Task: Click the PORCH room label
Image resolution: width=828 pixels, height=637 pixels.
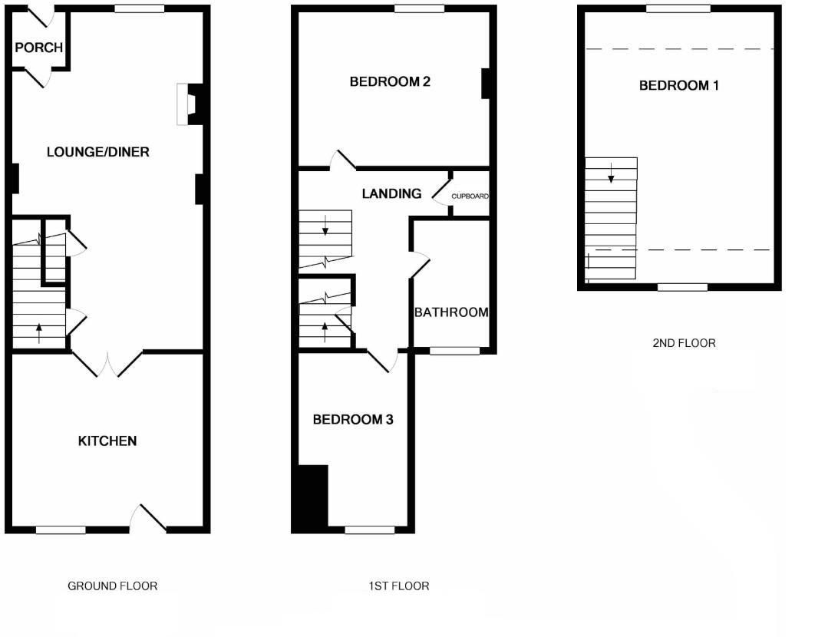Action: (x=38, y=48)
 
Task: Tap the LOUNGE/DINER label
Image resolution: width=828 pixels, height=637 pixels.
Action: (x=97, y=152)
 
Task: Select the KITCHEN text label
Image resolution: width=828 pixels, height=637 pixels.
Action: (x=107, y=441)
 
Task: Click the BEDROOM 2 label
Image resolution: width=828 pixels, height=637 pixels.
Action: (x=389, y=81)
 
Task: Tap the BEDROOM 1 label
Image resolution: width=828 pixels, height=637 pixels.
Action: (x=678, y=85)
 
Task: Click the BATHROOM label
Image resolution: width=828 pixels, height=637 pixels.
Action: (x=451, y=312)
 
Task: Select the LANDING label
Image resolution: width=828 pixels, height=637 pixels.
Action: (x=391, y=194)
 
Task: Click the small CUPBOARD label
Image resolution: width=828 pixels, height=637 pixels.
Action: (x=470, y=196)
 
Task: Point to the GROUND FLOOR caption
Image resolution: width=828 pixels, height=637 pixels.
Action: (x=113, y=586)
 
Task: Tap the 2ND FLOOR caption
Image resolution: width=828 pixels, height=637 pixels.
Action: (x=684, y=343)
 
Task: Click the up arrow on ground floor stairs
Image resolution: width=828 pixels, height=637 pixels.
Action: (x=39, y=333)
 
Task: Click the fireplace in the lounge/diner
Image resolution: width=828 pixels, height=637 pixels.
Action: (x=188, y=104)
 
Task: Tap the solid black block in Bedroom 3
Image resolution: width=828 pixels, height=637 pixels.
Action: (x=310, y=497)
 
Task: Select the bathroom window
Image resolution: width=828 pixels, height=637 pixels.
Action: (x=454, y=351)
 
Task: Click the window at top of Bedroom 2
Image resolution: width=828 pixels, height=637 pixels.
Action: (x=420, y=9)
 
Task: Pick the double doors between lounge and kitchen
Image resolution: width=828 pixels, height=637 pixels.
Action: (x=108, y=364)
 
